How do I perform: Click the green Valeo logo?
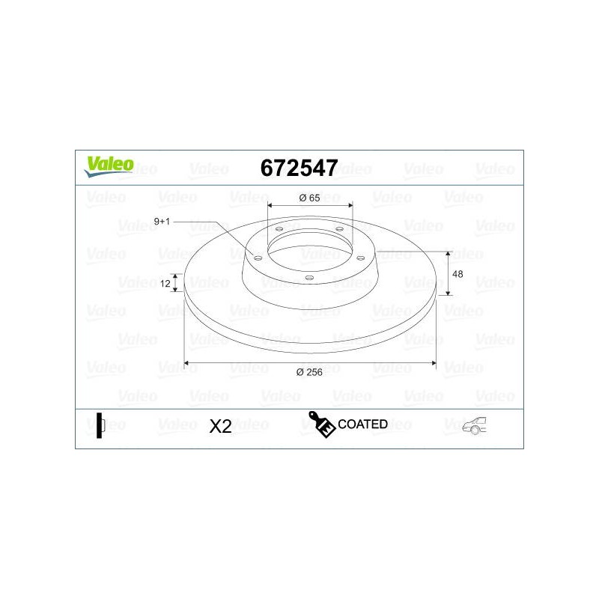(109, 166)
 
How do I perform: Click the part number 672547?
(299, 168)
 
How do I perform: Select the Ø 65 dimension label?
(310, 198)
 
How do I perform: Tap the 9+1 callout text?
(162, 222)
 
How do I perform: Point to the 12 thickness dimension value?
(165, 284)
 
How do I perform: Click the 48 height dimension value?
(457, 274)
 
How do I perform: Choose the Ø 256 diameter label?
(309, 372)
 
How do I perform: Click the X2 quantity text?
(220, 426)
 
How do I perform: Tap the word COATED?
(363, 424)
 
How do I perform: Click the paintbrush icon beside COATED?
(321, 424)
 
